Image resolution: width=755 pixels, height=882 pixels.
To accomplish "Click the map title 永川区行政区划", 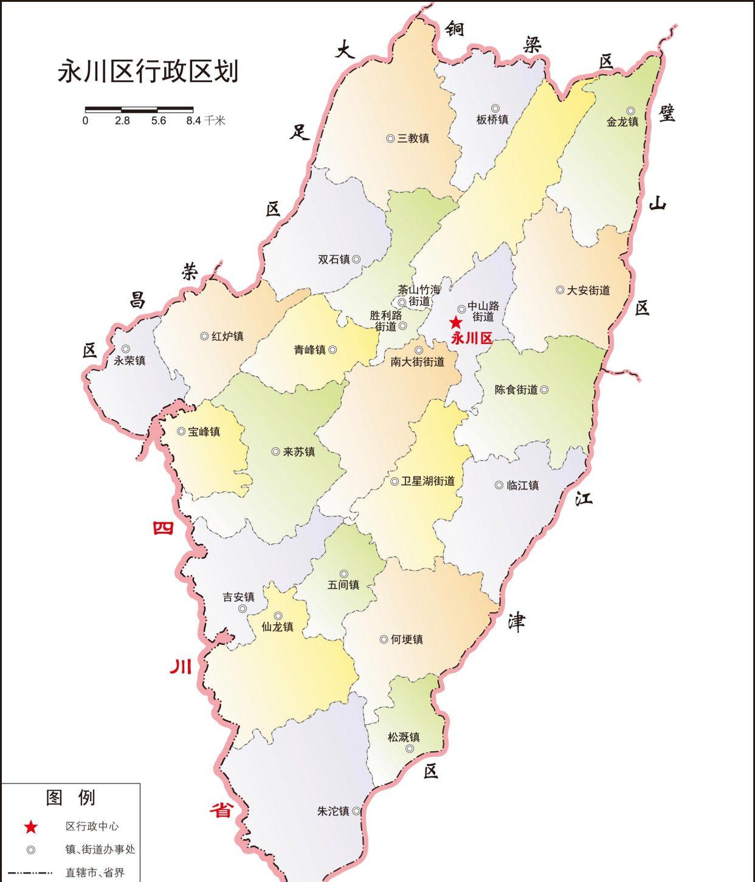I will (x=148, y=71).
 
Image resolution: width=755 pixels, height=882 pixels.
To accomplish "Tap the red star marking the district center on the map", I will (x=455, y=323).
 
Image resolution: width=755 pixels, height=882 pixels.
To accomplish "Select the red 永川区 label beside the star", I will (x=471, y=339).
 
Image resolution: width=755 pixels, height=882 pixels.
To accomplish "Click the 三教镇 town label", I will (x=413, y=139).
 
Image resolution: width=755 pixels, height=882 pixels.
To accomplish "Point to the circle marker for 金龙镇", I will (x=631, y=111).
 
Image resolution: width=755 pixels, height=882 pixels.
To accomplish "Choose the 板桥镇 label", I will (x=492, y=120).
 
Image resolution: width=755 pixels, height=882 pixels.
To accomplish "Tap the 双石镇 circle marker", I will (x=356, y=259).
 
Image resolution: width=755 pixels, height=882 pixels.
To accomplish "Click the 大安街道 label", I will (x=588, y=291).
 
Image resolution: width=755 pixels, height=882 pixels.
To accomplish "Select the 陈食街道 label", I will (x=516, y=390).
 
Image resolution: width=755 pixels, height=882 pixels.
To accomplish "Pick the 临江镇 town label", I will (x=522, y=485).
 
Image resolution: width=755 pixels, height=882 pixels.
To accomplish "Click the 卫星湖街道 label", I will (x=427, y=481).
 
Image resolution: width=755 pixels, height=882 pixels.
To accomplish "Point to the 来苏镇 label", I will (x=298, y=452).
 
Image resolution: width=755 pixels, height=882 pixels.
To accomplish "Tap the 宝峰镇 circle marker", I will (x=181, y=431).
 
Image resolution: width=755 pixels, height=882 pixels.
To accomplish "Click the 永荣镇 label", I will (x=129, y=360).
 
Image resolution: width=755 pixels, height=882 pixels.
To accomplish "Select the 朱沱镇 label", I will (x=333, y=811).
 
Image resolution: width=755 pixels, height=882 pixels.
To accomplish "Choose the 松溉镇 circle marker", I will (x=410, y=748).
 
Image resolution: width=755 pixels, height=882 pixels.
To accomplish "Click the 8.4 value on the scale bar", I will (x=193, y=121).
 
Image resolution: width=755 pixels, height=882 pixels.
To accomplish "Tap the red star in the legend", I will (x=31, y=827).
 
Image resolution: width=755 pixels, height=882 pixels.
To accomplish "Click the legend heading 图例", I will (x=71, y=798).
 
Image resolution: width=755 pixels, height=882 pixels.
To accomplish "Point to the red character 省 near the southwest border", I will (x=221, y=810).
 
